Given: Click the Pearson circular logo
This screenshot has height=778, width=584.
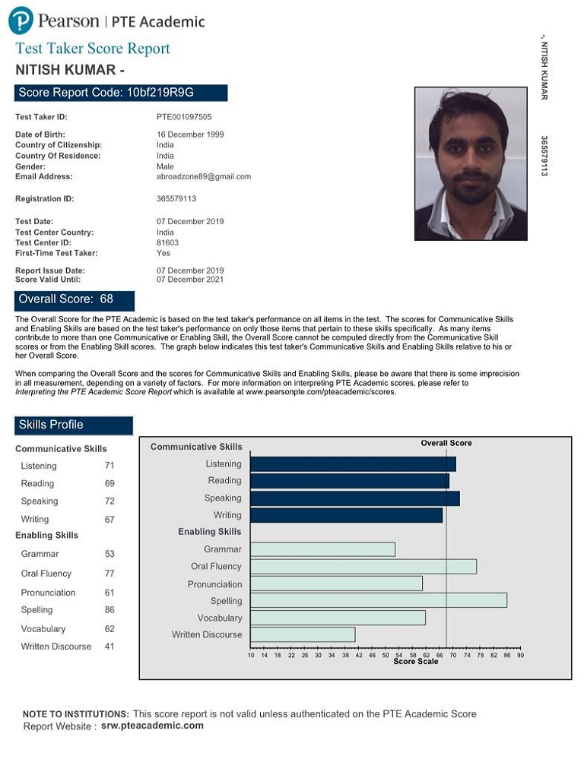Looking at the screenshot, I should (x=21, y=21).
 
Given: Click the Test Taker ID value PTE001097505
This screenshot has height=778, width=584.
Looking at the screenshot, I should (x=184, y=117).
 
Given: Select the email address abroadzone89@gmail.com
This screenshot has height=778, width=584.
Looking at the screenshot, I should (x=204, y=176).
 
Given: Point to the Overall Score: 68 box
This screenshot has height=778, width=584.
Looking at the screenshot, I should (x=75, y=299).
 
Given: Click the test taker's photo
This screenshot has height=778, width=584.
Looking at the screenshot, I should (x=471, y=163).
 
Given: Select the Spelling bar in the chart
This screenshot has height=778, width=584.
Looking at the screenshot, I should (x=378, y=600).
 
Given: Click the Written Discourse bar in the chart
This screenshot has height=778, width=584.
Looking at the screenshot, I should (x=303, y=634).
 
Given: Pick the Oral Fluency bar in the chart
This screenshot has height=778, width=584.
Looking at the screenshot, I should (x=363, y=566).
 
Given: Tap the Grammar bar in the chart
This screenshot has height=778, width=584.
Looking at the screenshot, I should (x=322, y=549).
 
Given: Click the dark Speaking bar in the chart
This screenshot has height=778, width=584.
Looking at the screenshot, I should (x=354, y=498).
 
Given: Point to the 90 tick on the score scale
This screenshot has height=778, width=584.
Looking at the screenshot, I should (x=520, y=655).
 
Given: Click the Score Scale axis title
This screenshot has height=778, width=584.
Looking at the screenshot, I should (x=416, y=662).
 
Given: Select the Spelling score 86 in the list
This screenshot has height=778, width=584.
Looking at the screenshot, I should (x=110, y=610).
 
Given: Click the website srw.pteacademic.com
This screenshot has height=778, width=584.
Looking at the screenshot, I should (x=152, y=726).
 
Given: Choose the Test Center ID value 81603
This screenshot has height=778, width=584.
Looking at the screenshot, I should (x=167, y=243).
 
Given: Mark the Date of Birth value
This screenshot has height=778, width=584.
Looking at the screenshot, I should (x=190, y=134).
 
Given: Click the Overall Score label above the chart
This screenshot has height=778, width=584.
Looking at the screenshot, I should (x=446, y=443).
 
